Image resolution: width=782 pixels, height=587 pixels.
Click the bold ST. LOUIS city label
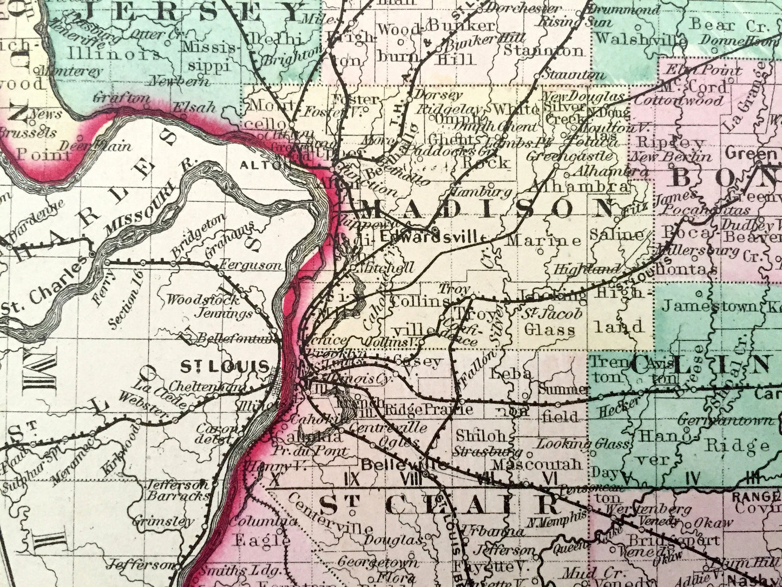(x=224, y=367)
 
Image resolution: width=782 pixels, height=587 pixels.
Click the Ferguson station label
(x=250, y=265)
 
